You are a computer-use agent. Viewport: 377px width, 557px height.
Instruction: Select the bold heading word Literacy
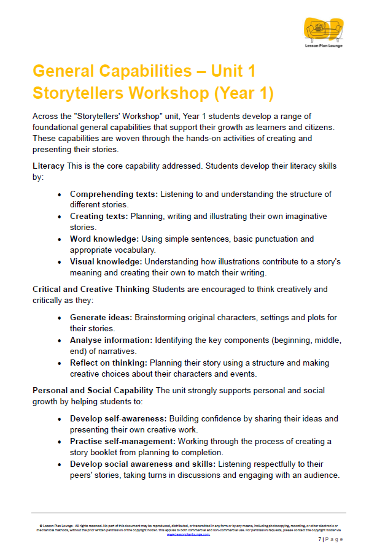49,166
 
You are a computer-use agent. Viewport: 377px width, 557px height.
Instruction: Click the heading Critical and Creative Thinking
91,289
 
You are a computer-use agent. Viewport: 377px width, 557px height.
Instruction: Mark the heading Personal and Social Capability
93,390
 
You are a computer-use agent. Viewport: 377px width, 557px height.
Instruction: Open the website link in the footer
189,534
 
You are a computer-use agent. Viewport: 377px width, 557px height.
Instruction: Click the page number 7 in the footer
320,540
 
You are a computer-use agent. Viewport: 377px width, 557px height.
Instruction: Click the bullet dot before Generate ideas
59,318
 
